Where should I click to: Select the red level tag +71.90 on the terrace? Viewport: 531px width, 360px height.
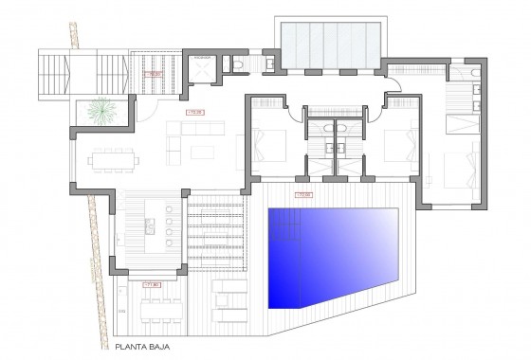(150, 282)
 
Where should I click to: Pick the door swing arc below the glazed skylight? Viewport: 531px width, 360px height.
(402, 87)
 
